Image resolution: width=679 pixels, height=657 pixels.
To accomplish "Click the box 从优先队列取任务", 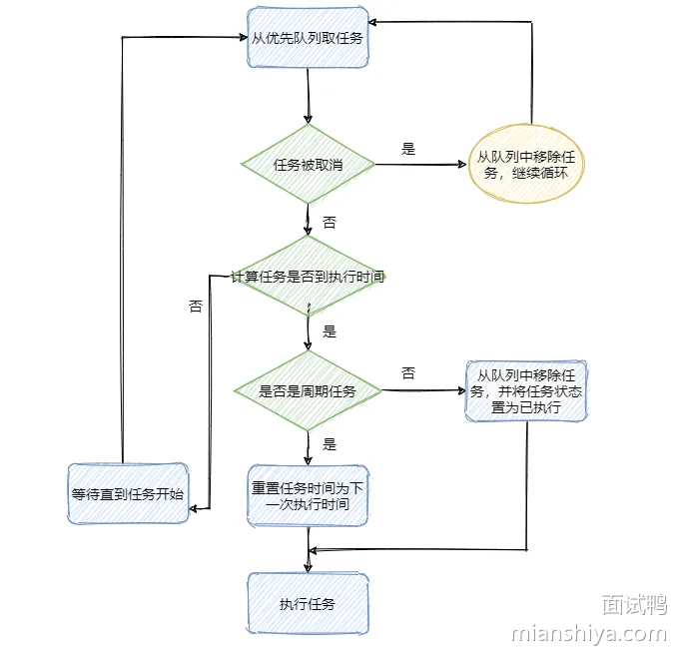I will (x=308, y=38).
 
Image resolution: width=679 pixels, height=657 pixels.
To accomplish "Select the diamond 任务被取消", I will (x=308, y=164).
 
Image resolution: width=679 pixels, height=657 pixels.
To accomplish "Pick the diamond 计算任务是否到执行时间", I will (x=308, y=276).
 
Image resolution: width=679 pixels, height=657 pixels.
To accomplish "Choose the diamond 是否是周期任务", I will (x=308, y=390).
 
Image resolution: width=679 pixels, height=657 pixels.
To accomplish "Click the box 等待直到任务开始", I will (x=127, y=493).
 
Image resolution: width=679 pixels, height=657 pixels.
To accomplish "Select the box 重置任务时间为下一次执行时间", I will (x=308, y=494).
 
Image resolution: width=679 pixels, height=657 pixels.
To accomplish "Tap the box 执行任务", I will (x=308, y=604).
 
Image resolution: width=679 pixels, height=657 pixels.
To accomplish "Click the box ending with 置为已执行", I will (x=526, y=390).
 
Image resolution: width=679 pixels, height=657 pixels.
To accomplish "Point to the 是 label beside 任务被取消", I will (x=408, y=149).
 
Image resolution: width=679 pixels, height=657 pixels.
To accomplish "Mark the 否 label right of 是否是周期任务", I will (x=408, y=373).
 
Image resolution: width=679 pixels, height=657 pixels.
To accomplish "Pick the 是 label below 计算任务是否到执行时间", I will (x=330, y=331).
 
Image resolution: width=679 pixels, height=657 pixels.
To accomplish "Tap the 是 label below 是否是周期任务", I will (x=330, y=444).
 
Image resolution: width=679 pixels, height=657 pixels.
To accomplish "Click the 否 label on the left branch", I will (x=196, y=307).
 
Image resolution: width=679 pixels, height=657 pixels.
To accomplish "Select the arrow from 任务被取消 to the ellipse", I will (x=419, y=165).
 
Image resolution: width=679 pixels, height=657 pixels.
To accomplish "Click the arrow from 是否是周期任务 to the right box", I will (x=424, y=390).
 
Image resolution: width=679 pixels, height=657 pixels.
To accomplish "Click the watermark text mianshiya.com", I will (x=588, y=634).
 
